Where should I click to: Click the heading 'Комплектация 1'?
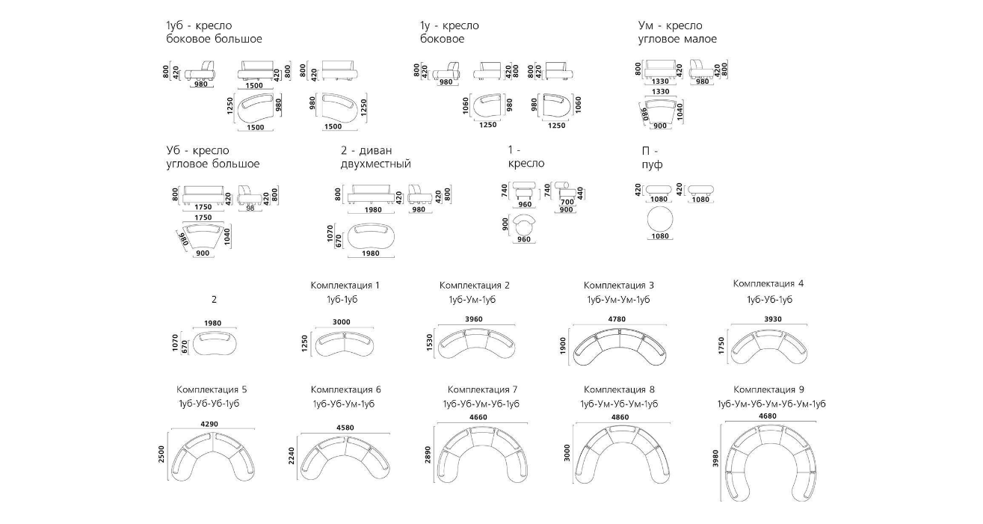[345, 285]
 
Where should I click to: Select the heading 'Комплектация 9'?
[768, 389]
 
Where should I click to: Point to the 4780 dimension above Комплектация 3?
[616, 318]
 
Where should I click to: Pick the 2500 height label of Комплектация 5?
[162, 454]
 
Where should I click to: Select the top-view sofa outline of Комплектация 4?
[769, 345]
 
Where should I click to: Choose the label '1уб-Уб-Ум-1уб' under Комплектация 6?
[344, 404]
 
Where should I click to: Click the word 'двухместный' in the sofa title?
[375, 164]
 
